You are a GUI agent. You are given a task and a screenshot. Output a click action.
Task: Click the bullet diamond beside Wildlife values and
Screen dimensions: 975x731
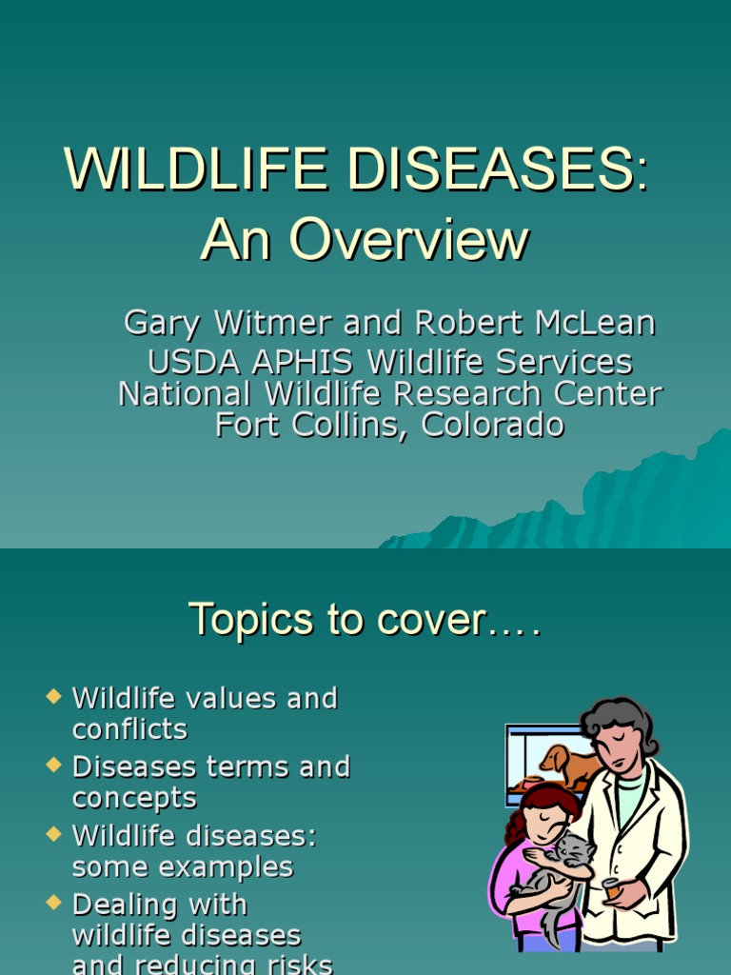click(x=52, y=697)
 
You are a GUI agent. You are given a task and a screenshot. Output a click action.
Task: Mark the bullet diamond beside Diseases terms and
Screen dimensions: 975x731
click(x=52, y=766)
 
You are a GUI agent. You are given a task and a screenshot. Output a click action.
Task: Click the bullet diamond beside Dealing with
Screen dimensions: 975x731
click(x=52, y=903)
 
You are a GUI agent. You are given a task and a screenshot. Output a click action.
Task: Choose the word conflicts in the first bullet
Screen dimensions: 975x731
click(x=129, y=729)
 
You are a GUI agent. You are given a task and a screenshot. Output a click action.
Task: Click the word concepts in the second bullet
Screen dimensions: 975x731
click(x=134, y=798)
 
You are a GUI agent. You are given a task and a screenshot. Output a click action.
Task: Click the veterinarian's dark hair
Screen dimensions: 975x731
click(x=619, y=719)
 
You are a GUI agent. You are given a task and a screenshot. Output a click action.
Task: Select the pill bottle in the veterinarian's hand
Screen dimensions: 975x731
click(x=612, y=887)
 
